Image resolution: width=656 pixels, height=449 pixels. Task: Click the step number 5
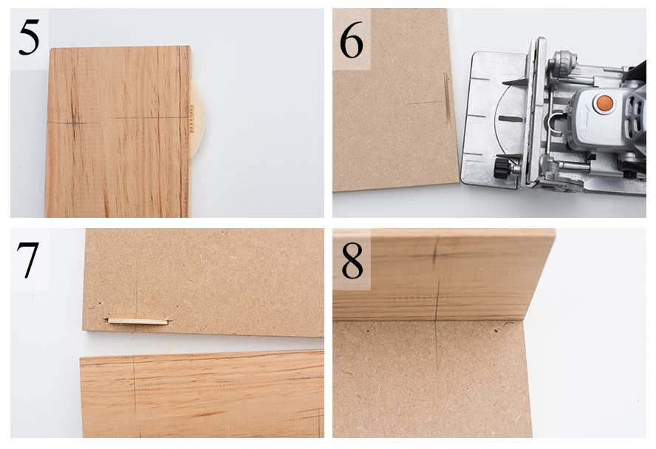click(29, 38)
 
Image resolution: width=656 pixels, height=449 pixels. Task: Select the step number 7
click(27, 260)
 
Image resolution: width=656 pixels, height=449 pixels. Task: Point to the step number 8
click(352, 261)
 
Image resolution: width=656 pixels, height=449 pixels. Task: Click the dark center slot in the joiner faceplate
click(510, 119)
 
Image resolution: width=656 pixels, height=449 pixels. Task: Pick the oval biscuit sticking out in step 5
click(197, 119)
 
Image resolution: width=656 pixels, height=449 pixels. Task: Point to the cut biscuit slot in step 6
click(446, 100)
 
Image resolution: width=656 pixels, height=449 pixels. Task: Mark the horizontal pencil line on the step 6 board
click(426, 102)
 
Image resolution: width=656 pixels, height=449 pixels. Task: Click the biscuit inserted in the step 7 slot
click(138, 321)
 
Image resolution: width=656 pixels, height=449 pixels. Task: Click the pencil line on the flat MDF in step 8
click(437, 346)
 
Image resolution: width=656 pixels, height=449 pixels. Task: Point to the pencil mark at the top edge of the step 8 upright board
click(434, 251)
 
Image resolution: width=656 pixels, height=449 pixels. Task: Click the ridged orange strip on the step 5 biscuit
click(192, 119)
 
